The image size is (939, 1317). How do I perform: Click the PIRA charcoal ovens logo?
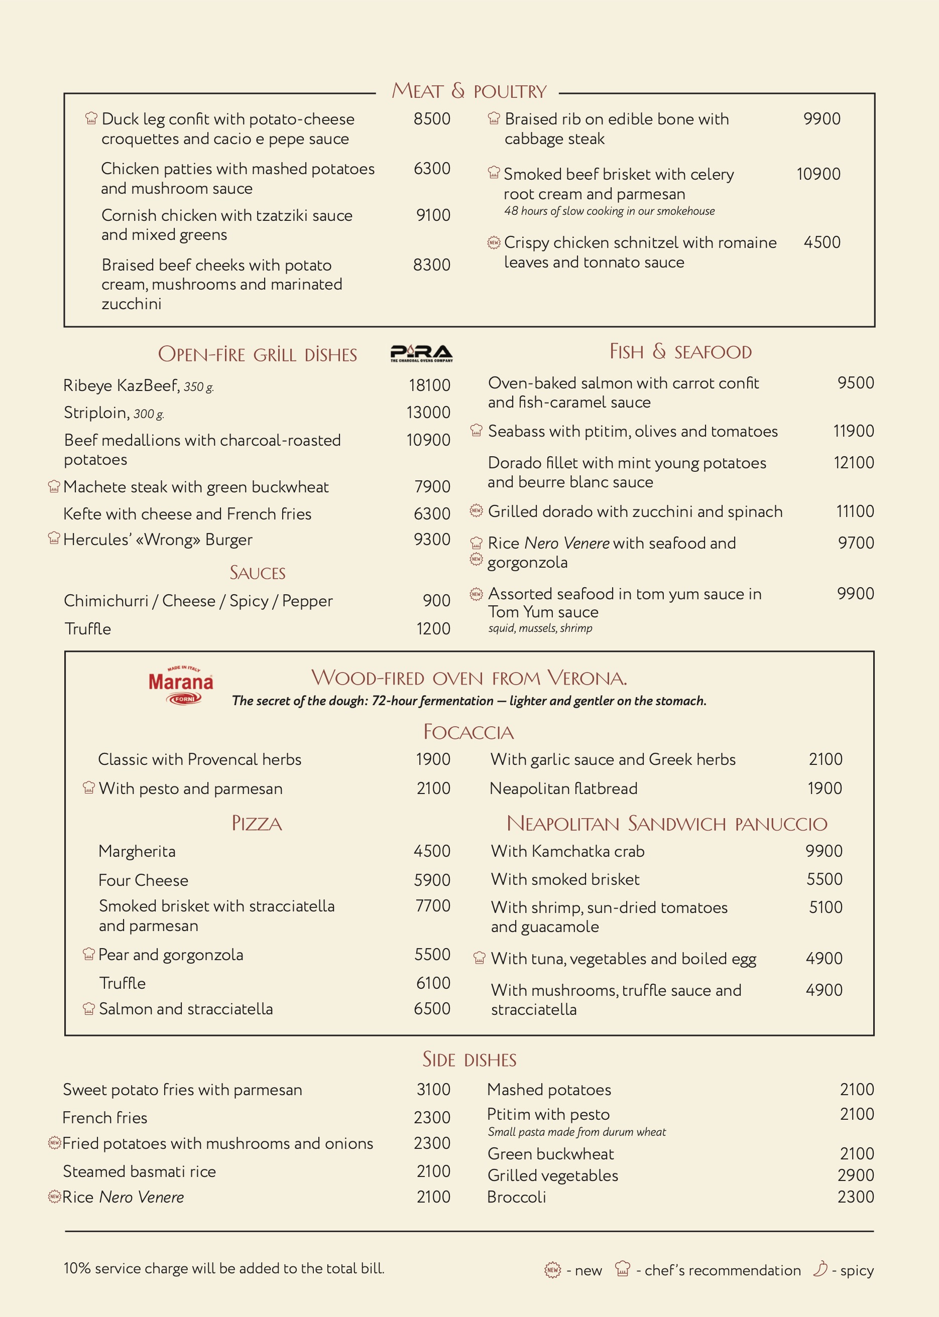pyautogui.click(x=421, y=352)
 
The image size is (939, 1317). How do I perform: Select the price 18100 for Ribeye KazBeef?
pyautogui.click(x=429, y=385)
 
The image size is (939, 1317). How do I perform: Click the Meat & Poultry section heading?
pyautogui.click(x=468, y=91)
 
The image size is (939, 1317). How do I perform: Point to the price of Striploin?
pyautogui.click(x=428, y=413)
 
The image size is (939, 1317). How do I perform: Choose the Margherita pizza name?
pyautogui.click(x=137, y=851)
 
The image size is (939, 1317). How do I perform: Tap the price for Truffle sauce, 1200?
pyautogui.click(x=433, y=629)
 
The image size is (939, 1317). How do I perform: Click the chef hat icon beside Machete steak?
pyautogui.click(x=54, y=486)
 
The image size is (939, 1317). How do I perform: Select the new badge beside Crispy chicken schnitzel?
pyautogui.click(x=493, y=243)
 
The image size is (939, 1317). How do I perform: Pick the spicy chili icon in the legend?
pyautogui.click(x=820, y=1268)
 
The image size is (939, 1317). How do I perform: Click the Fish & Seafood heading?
pyautogui.click(x=680, y=351)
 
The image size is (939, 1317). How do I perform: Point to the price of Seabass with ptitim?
pyautogui.click(x=853, y=431)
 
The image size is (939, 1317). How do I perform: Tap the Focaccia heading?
pyautogui.click(x=468, y=732)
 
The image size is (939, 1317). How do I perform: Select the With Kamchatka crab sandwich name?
pyautogui.click(x=567, y=851)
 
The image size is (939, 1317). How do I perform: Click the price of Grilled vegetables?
pyautogui.click(x=855, y=1175)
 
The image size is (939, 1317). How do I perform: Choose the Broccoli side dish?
pyautogui.click(x=516, y=1197)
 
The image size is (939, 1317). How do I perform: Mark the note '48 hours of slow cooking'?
pyautogui.click(x=609, y=211)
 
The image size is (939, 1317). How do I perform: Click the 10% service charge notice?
pyautogui.click(x=224, y=1268)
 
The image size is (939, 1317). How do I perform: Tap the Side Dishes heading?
pyautogui.click(x=469, y=1059)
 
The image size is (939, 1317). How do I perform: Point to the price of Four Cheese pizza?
pyautogui.click(x=431, y=880)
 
